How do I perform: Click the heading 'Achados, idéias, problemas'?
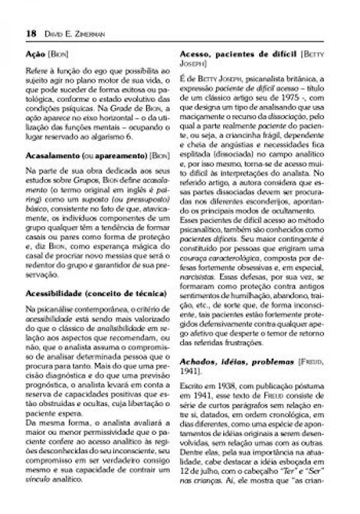[228, 363]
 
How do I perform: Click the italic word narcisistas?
[197, 278]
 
